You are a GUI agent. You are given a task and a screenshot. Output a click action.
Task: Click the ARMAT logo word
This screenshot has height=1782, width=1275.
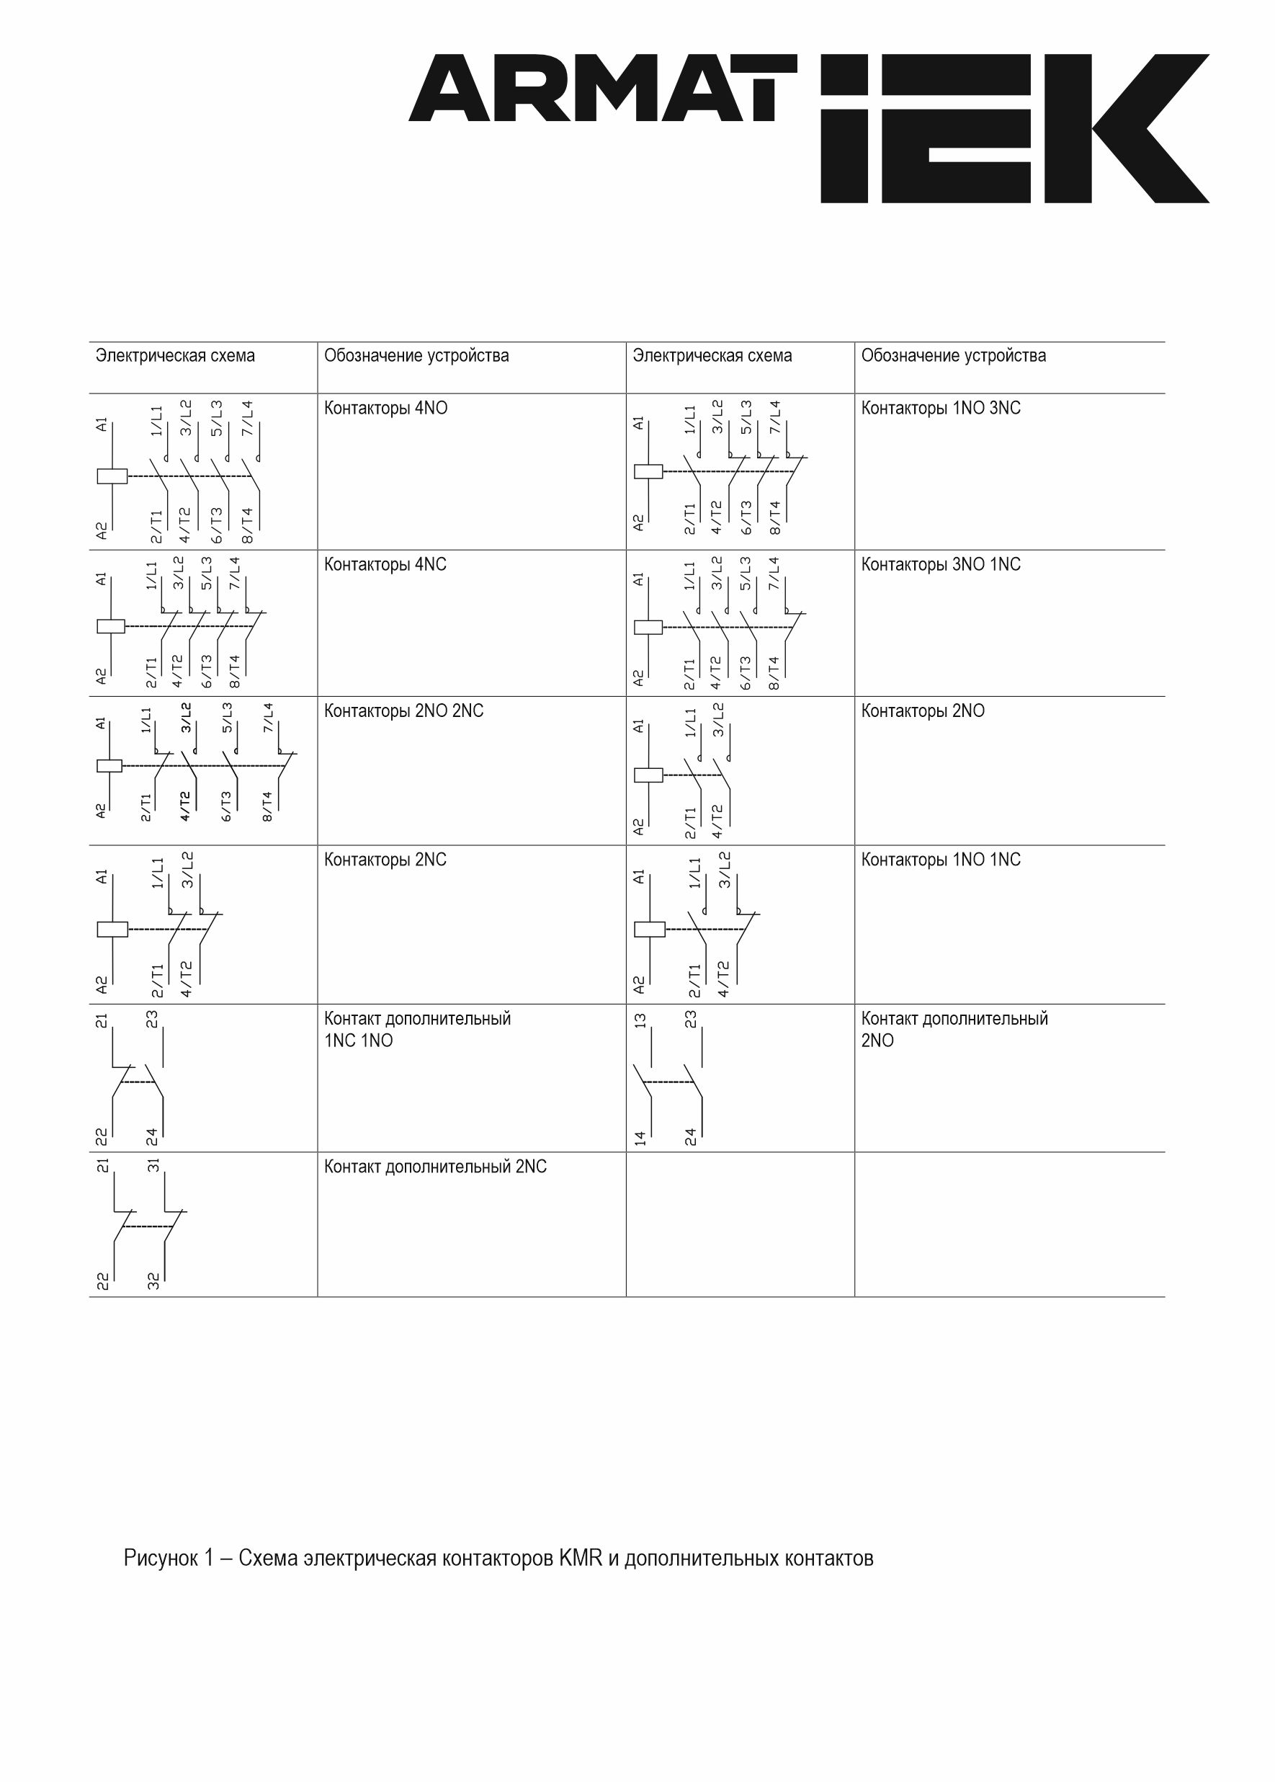coord(601,88)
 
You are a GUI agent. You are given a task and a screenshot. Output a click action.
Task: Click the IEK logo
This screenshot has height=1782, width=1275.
coord(1014,129)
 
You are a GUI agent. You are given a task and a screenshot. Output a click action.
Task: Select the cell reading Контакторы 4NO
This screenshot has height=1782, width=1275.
coord(385,409)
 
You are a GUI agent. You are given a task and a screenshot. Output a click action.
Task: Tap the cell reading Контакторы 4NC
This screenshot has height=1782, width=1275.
coord(385,565)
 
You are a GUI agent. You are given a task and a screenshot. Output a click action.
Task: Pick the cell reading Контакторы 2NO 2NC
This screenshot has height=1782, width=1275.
coord(403,710)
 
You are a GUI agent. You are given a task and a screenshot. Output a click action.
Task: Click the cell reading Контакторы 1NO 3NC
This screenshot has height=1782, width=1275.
coord(940,409)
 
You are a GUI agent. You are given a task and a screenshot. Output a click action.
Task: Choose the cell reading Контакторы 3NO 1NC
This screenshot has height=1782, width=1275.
coord(940,565)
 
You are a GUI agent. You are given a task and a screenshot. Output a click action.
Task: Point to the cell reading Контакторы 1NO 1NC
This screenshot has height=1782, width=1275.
coord(940,860)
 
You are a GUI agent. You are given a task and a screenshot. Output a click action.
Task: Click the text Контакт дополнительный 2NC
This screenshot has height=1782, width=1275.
coord(435,1167)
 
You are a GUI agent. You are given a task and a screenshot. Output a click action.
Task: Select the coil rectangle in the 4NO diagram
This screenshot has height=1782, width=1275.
coord(112,476)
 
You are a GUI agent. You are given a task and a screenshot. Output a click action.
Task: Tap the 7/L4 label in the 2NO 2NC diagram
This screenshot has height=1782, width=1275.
coord(268,718)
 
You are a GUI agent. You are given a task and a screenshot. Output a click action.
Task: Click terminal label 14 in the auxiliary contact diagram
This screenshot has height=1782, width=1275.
coord(640,1137)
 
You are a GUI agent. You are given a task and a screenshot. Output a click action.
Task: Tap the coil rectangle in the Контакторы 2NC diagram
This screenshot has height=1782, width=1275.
coord(112,930)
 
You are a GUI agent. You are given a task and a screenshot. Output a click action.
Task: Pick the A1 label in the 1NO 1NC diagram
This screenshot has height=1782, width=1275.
coord(639,876)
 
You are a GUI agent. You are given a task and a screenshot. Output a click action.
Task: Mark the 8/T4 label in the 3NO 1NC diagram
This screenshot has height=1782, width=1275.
coord(774,673)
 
